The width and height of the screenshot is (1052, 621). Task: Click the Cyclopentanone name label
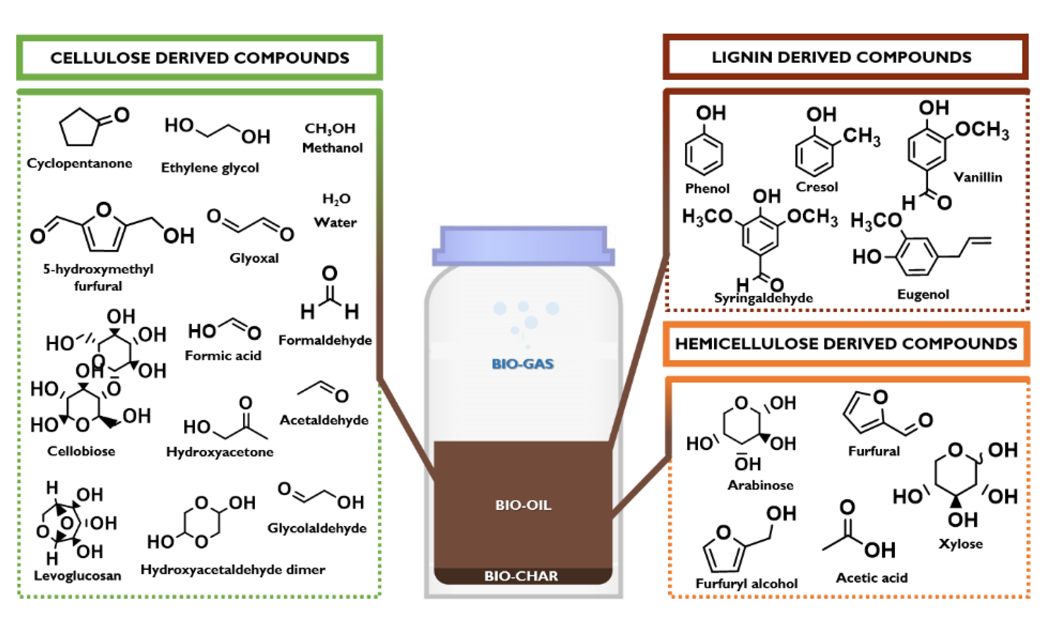79,163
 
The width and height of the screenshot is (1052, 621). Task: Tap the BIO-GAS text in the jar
522,364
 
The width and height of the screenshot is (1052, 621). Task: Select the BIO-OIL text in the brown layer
523,505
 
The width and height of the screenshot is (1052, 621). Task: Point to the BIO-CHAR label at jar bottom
521,576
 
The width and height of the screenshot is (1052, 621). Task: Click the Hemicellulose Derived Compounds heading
846,344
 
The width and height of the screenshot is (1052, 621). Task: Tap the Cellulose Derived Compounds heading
200,58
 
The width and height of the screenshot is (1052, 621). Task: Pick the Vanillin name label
978,177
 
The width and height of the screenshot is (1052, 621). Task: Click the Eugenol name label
923,294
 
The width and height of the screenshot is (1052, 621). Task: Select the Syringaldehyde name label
763,298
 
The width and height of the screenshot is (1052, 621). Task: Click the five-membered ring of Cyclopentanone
79,129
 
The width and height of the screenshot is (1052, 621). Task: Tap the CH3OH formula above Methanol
330,129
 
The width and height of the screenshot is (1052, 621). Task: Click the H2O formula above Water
336,199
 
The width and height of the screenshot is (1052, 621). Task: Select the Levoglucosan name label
78,576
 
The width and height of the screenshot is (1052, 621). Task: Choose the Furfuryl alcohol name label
746,583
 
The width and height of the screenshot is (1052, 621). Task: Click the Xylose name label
960,543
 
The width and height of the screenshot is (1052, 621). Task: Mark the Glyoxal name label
254,258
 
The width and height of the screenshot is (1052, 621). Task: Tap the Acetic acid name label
871,578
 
